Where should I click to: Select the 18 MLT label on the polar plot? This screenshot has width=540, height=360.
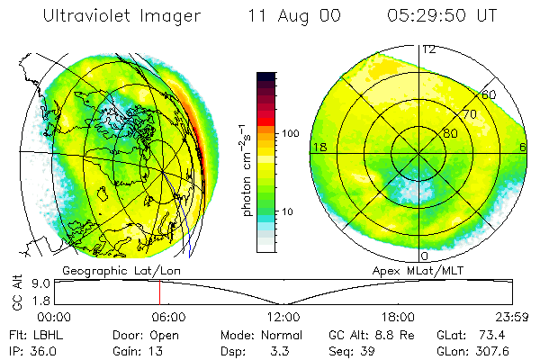[318, 147]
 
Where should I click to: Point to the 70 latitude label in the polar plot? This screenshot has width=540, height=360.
[470, 114]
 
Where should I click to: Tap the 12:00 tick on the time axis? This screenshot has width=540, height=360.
[283, 317]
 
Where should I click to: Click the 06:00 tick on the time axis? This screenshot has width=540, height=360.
[168, 317]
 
